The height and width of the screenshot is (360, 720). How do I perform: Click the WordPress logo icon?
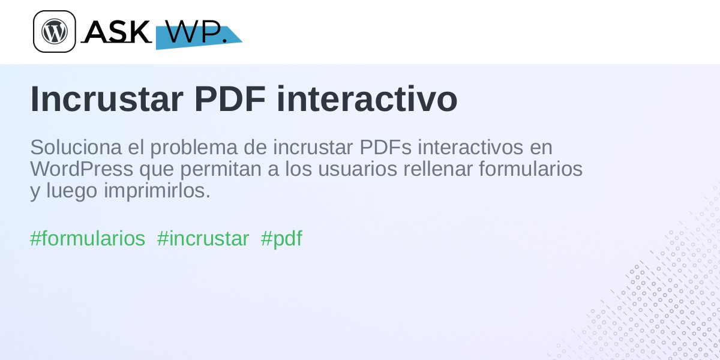(x=55, y=31)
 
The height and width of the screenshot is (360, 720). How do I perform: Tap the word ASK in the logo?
(x=116, y=31)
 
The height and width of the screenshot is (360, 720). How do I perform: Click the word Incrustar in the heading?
(x=107, y=99)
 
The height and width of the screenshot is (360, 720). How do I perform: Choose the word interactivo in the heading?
(x=367, y=99)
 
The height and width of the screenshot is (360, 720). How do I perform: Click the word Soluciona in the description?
(x=76, y=147)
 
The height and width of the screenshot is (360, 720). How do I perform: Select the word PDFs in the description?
(x=385, y=147)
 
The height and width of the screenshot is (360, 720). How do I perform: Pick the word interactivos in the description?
(x=470, y=147)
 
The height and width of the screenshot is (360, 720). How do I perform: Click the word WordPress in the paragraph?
(x=82, y=169)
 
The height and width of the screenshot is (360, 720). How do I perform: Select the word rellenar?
(x=438, y=169)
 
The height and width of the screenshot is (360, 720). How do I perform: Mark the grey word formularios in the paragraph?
(x=530, y=169)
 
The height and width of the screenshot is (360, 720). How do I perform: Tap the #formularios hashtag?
(x=88, y=239)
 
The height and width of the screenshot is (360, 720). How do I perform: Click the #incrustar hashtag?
(x=203, y=239)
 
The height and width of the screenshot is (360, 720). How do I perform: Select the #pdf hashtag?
(x=281, y=239)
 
